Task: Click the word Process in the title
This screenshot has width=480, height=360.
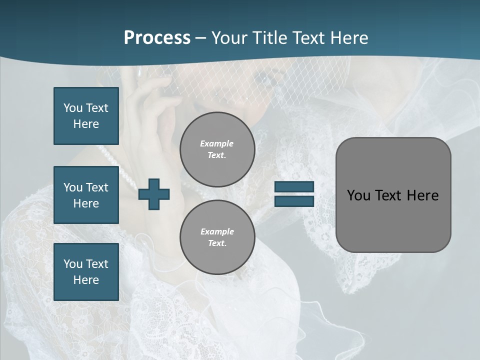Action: [x=157, y=38]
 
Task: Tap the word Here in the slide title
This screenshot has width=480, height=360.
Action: [x=348, y=38]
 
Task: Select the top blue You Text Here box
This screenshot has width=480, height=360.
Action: [x=86, y=116]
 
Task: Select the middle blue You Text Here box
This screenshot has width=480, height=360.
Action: [x=86, y=195]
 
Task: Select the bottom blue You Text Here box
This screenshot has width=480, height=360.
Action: [x=86, y=272]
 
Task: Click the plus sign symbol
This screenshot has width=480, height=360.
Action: [x=154, y=194]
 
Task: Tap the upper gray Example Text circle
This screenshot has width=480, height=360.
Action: [x=217, y=149]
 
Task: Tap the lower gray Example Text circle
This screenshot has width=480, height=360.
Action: [x=217, y=237]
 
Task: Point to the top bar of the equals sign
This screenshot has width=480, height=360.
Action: [x=294, y=186]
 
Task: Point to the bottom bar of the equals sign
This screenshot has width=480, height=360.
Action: [x=294, y=201]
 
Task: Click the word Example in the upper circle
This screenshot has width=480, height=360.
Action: [x=217, y=144]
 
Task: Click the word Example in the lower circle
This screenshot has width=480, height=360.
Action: [x=217, y=232]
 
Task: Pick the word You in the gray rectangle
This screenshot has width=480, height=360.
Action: [x=358, y=195]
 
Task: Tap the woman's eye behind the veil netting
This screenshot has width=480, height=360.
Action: [x=263, y=80]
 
